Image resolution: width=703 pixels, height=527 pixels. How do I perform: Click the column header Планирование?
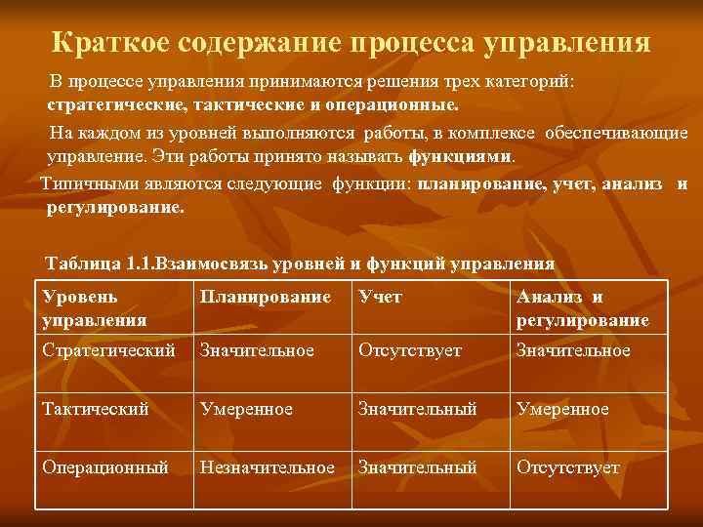[x=265, y=296]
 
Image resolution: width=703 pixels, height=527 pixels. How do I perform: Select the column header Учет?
[x=380, y=296]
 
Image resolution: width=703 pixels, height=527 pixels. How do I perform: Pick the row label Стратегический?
[x=108, y=349]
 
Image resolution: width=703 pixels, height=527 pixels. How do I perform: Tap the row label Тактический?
[x=95, y=409]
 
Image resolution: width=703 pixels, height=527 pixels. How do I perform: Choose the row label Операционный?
[x=104, y=467]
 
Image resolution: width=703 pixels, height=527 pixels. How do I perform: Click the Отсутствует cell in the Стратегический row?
[x=409, y=349]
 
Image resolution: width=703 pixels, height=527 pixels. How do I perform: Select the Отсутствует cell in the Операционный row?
[x=568, y=467]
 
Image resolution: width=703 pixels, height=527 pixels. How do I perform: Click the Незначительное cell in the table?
[x=267, y=467]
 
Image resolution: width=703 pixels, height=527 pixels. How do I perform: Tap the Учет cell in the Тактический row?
[x=417, y=409]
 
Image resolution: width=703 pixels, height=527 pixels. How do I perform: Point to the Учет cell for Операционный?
[x=417, y=467]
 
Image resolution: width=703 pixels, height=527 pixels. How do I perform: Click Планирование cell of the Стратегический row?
[x=256, y=349]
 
